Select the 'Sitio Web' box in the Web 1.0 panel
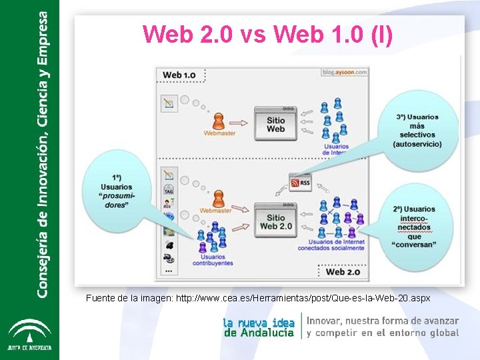pos(275,122)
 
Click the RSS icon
pos(300,181)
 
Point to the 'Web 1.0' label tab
pos(179,75)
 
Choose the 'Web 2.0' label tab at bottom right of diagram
pos(344,271)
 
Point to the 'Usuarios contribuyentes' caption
pos(213,259)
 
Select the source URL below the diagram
pos(258,297)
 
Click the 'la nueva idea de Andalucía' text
pos(259,327)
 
